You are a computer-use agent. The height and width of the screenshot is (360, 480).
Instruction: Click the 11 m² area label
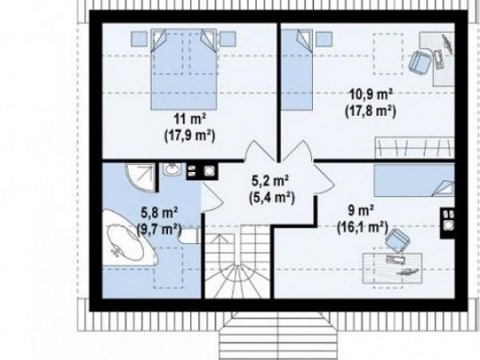(x=190, y=118)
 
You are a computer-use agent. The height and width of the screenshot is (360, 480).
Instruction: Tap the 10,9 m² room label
(x=370, y=94)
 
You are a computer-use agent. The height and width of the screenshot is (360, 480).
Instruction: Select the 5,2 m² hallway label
(x=270, y=181)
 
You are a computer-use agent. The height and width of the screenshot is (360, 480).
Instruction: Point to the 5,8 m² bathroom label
(x=159, y=212)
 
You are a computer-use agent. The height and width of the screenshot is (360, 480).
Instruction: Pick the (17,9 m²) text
(x=190, y=135)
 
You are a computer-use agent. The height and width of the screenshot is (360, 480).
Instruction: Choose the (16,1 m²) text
(x=362, y=227)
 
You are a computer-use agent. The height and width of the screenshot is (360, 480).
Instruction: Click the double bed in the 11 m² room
(x=184, y=70)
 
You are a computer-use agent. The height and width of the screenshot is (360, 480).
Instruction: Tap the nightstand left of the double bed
(x=139, y=39)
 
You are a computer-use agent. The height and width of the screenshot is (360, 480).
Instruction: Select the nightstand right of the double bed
(x=228, y=39)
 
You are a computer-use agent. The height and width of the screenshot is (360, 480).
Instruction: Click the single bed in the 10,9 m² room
(x=297, y=70)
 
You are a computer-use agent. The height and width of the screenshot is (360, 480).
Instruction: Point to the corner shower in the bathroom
(x=141, y=178)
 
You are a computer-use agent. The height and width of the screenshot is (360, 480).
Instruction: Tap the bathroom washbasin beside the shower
(x=172, y=170)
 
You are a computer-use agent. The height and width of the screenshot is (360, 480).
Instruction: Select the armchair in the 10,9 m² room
(x=420, y=62)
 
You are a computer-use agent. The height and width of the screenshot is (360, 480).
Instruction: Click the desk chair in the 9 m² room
(x=398, y=240)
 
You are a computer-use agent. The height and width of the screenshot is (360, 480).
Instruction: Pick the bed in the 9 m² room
(x=414, y=180)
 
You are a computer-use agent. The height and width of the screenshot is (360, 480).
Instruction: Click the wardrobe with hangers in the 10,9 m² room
(x=414, y=148)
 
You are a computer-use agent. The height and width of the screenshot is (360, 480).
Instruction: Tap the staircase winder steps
(x=238, y=281)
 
